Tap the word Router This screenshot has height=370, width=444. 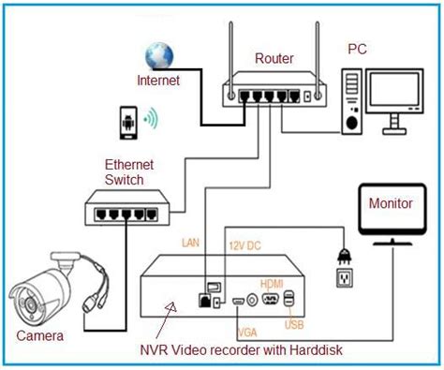(274, 58)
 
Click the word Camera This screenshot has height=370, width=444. (40, 334)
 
